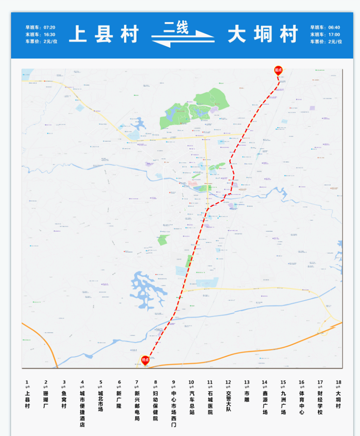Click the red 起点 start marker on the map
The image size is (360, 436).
(x=278, y=70)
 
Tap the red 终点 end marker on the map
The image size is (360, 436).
(x=145, y=360)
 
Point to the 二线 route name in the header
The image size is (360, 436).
(x=176, y=28)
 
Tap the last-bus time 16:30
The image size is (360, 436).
(x=50, y=34)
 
